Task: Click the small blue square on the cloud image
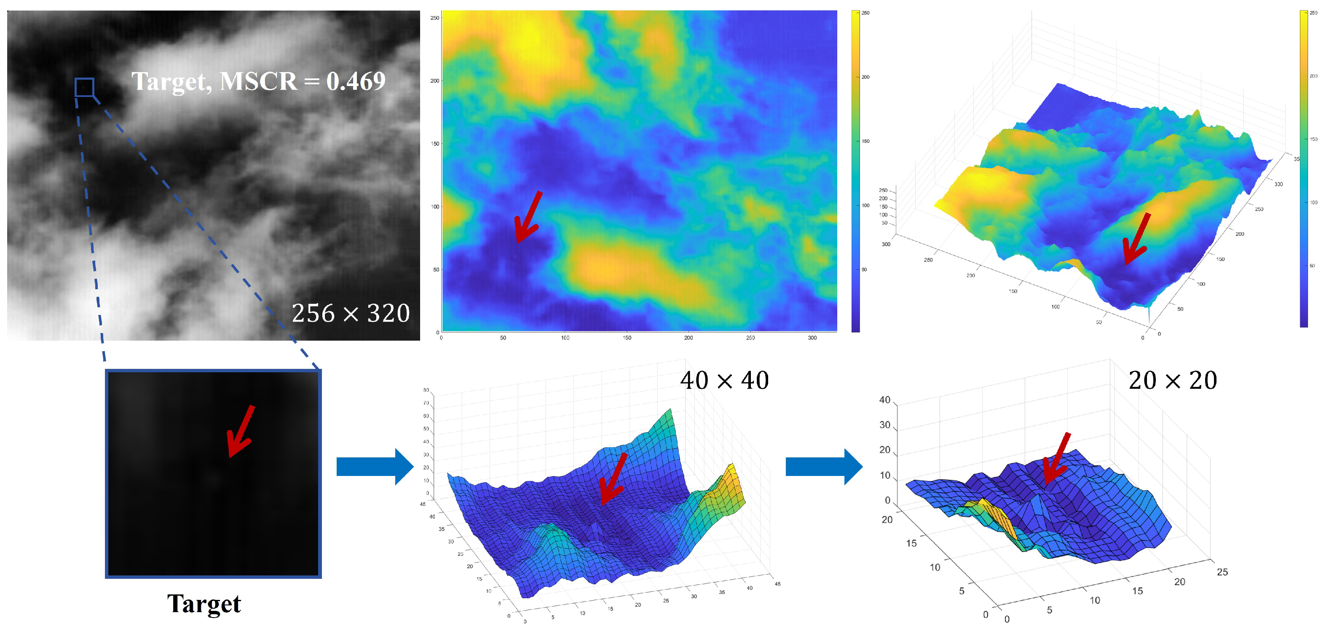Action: [84, 87]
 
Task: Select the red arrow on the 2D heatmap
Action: [528, 216]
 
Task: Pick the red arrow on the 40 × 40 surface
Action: [614, 478]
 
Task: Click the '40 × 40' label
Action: [724, 380]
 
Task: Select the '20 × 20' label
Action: [1172, 380]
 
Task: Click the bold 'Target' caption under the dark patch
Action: [204, 603]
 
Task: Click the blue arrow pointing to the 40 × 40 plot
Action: [375, 467]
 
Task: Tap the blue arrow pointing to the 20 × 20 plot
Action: [823, 467]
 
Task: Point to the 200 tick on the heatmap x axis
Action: [688, 338]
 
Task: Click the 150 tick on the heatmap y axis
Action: [435, 143]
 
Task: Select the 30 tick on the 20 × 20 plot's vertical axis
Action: [884, 425]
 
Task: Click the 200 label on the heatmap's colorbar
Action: [865, 77]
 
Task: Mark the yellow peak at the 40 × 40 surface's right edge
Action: [733, 485]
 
